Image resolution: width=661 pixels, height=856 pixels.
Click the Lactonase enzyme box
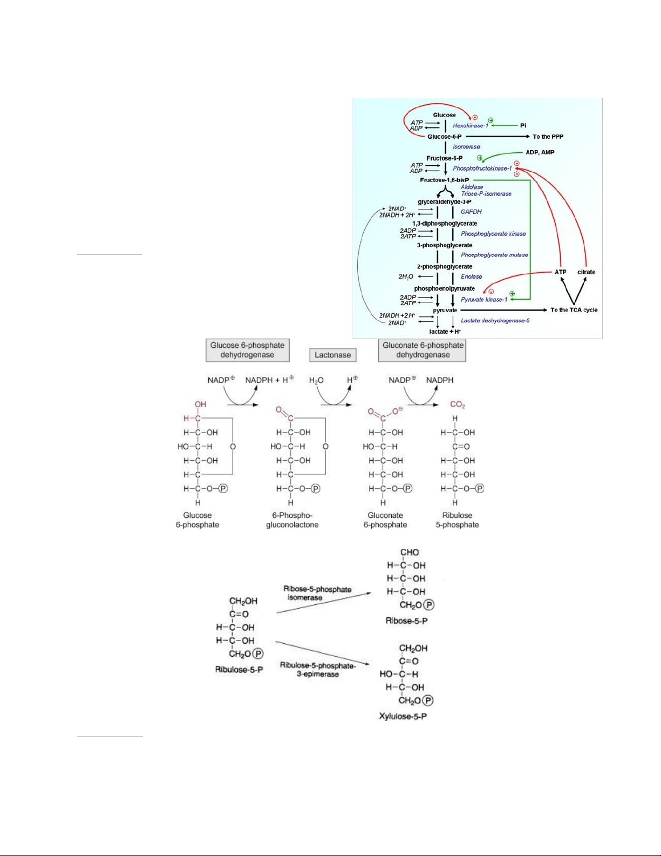coord(332,355)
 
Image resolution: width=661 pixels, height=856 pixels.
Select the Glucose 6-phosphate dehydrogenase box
coord(247,350)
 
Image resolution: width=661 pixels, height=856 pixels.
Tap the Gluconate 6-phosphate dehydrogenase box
coord(423,350)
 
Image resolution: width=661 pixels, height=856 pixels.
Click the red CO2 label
coord(457,405)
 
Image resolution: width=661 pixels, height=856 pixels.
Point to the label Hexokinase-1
coord(470,126)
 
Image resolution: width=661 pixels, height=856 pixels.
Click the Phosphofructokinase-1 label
coord(482,168)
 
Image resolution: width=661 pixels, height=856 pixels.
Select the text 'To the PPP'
coord(548,137)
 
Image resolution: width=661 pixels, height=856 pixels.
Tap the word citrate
coord(586,272)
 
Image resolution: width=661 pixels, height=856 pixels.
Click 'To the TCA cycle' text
coord(574,310)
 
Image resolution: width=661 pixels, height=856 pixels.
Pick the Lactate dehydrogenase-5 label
coord(495,321)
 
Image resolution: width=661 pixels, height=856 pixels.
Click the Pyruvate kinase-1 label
coord(484,300)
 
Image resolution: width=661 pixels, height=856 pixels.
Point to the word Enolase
coord(471,277)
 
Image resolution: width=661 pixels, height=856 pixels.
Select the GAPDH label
coord(471,212)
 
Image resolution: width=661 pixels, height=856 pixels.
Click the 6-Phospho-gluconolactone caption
coord(292,520)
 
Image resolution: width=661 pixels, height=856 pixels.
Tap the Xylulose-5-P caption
coord(403,717)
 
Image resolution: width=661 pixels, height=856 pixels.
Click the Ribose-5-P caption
coord(406,621)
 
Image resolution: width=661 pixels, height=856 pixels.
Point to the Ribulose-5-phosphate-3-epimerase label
coord(318,670)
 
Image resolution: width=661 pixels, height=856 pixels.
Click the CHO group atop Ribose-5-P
coord(409,552)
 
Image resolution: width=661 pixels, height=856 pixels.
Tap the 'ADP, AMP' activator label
coord(540,152)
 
